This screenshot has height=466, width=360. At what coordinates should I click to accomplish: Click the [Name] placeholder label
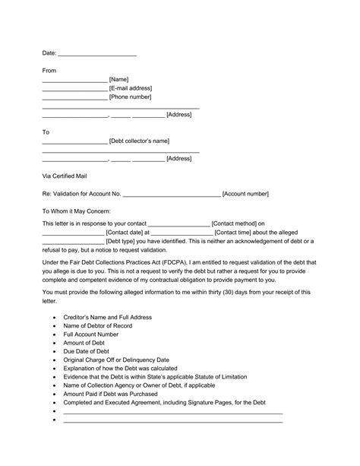[x=119, y=79]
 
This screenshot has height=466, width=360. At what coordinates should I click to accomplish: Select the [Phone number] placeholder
[x=131, y=97]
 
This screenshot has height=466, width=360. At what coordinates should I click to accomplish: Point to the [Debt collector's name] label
[x=139, y=141]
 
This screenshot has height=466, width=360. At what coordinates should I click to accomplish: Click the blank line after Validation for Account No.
[x=172, y=194]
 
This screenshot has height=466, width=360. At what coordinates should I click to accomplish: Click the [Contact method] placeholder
[x=238, y=223]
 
